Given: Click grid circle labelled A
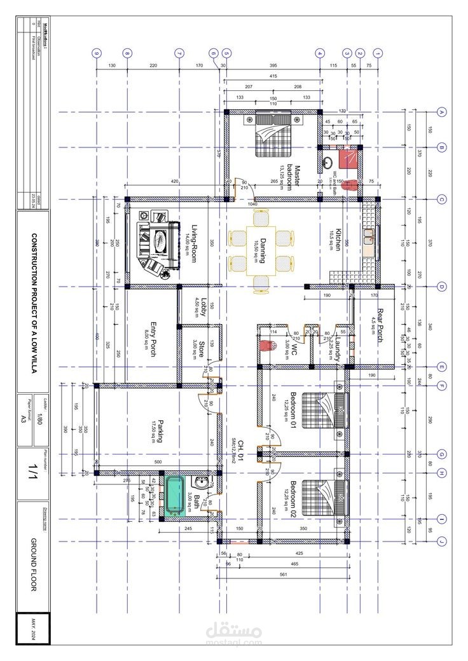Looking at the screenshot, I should [441, 112].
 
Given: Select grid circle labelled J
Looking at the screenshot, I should [441, 542].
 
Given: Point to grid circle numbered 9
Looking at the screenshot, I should [97, 53].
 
